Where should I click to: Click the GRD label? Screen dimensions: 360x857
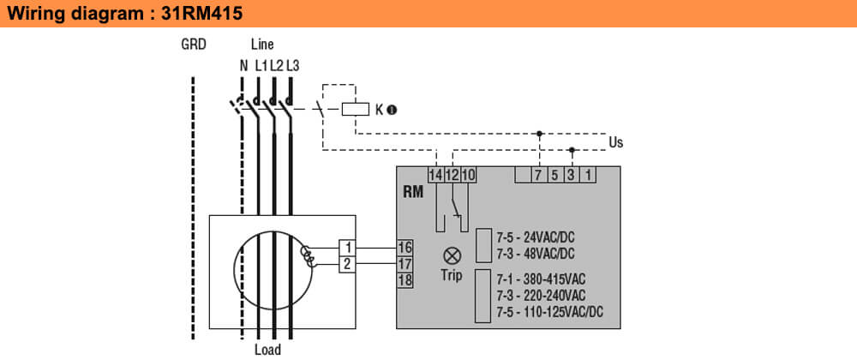pos(193,45)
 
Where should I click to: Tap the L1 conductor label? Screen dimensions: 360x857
pos(261,64)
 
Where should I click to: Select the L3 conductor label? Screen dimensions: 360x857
pos(292,64)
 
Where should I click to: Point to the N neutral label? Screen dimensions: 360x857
pos(243,64)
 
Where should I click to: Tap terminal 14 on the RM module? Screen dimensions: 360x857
pos(436,175)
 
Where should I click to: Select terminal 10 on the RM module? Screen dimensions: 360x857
pos(468,175)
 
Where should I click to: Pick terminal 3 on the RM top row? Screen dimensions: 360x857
pos(572,175)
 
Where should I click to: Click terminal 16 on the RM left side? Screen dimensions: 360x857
pos(405,248)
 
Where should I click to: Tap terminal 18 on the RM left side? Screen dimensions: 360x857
pos(405,280)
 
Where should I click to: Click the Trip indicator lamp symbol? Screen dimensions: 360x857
pos(452,255)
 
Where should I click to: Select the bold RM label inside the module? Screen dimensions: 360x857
pos(413,192)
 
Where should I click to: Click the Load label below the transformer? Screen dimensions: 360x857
pos(267,350)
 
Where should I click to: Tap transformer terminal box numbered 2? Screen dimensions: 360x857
pos(347,264)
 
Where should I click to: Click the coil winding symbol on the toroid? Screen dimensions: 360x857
pos(308,255)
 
